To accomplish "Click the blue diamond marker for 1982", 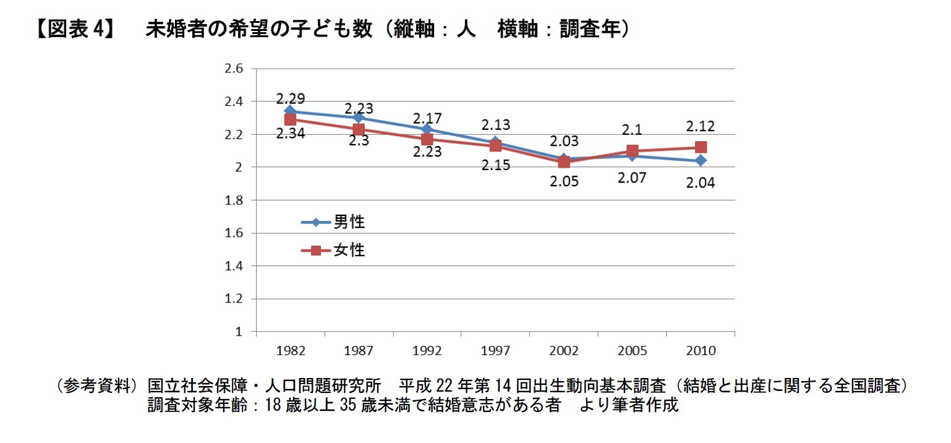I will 290,111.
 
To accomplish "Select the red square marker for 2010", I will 701,147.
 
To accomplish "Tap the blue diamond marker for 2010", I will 701,160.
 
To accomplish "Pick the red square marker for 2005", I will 632,150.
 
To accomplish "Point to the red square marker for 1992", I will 427,139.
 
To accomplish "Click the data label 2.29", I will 290,98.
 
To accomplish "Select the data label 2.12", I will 701,127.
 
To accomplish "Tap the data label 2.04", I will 701,183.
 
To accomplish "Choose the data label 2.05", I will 564,183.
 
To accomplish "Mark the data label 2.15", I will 495,166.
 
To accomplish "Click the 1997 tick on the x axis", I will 495,351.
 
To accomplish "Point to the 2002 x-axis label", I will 564,351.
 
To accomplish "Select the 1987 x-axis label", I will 359,351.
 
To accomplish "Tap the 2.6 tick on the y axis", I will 233,68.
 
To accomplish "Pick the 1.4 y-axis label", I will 233,266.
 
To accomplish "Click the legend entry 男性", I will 349,222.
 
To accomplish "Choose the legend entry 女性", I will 349,251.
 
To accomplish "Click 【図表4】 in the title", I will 74,29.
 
